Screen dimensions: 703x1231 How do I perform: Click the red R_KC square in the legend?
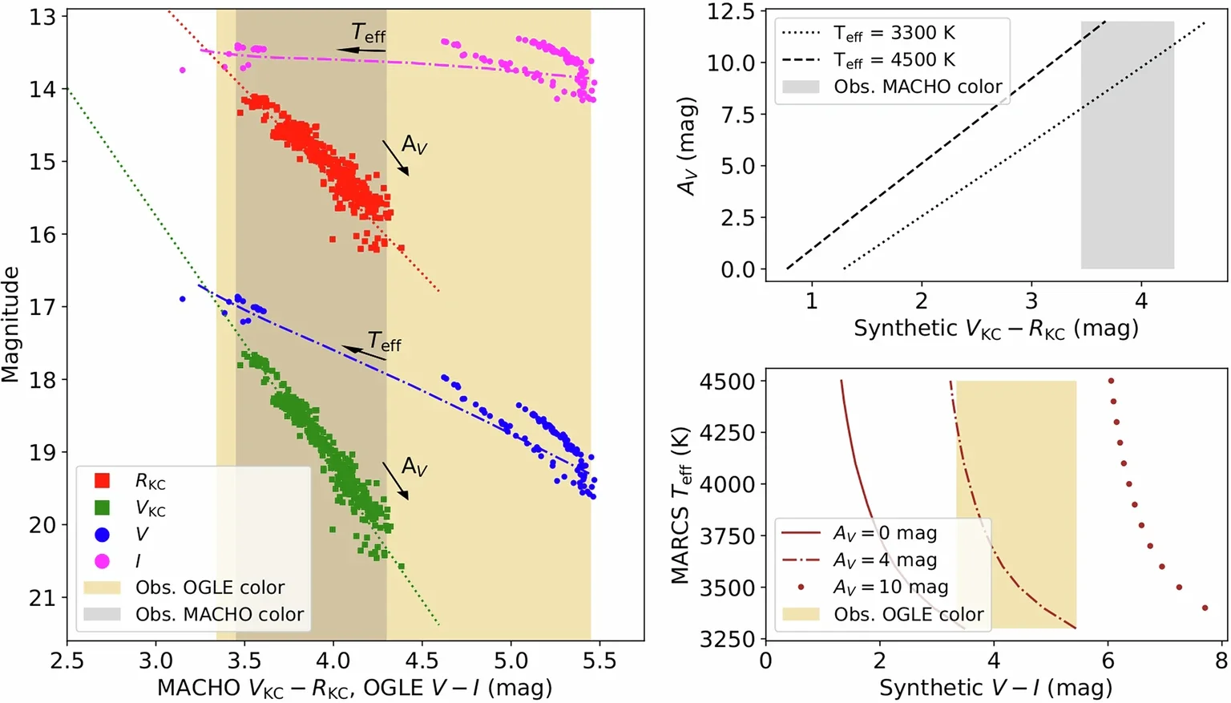pyautogui.click(x=102, y=481)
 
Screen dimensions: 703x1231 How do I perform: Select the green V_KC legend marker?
pyautogui.click(x=102, y=507)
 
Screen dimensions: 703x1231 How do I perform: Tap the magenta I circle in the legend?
pyautogui.click(x=102, y=560)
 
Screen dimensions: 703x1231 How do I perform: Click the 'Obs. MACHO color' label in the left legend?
pyautogui.click(x=219, y=614)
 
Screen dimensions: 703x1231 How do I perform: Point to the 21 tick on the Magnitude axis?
pyautogui.click(x=42, y=598)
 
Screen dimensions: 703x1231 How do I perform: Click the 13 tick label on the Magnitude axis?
pyautogui.click(x=42, y=17)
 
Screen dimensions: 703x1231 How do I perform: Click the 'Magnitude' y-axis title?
pyautogui.click(x=10, y=325)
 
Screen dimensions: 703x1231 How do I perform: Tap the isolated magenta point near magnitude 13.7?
pyautogui.click(x=183, y=71)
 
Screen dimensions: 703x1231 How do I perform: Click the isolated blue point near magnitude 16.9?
pyautogui.click(x=183, y=299)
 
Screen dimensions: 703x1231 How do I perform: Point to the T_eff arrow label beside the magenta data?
pyautogui.click(x=368, y=34)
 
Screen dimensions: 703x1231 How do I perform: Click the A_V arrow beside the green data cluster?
pyautogui.click(x=395, y=480)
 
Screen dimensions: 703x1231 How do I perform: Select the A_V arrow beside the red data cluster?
pyautogui.click(x=395, y=157)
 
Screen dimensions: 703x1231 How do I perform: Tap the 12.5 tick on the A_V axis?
pyautogui.click(x=731, y=11)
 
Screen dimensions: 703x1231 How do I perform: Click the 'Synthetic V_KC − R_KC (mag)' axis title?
pyautogui.click(x=995, y=329)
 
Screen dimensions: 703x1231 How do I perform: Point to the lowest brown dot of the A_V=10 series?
pyautogui.click(x=1205, y=608)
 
